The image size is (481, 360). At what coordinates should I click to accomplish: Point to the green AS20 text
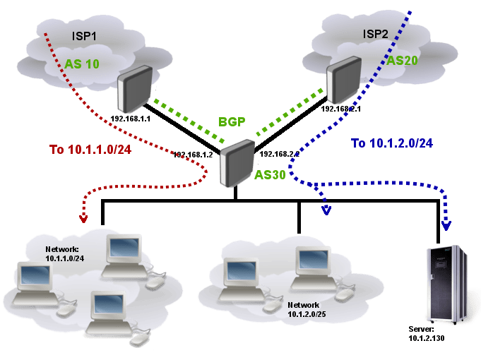tap(402, 61)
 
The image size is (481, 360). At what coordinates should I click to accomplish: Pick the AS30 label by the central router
tap(270, 174)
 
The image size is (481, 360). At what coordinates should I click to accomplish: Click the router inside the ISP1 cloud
tap(134, 88)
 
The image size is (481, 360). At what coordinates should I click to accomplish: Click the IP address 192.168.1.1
tap(131, 119)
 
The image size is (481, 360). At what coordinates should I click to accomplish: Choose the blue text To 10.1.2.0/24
tap(391, 143)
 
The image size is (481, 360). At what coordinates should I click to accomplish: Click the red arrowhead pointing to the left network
tap(83, 219)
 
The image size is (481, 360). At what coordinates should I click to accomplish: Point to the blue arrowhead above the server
tap(445, 225)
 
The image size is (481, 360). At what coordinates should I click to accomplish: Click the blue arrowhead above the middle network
tap(326, 209)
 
